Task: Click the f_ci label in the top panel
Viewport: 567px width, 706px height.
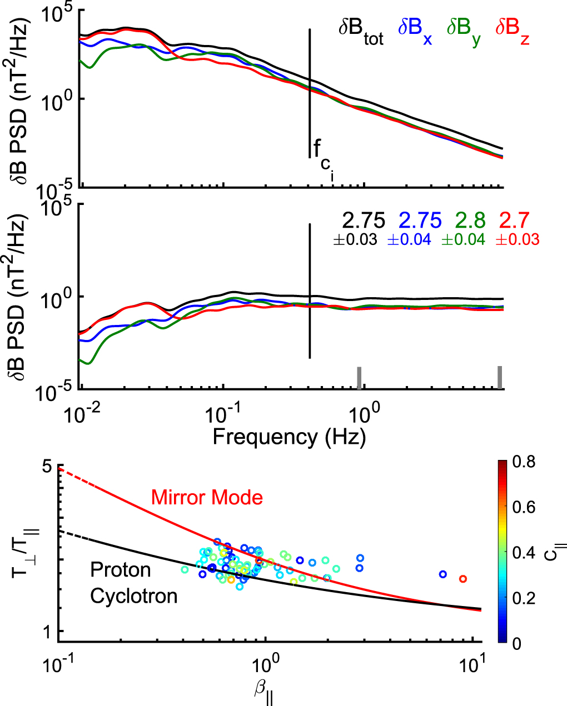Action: [x=322, y=156]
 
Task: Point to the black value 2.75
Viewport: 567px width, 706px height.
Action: [x=364, y=221]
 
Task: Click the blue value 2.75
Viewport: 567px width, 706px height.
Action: [x=420, y=221]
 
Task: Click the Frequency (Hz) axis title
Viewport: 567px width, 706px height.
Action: [x=289, y=437]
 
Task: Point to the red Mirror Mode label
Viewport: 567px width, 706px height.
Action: [x=207, y=497]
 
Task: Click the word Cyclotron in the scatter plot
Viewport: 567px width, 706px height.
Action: [x=134, y=596]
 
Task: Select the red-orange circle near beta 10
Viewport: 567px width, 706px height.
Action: [x=462, y=579]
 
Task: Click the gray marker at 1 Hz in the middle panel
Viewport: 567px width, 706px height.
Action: [x=359, y=378]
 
